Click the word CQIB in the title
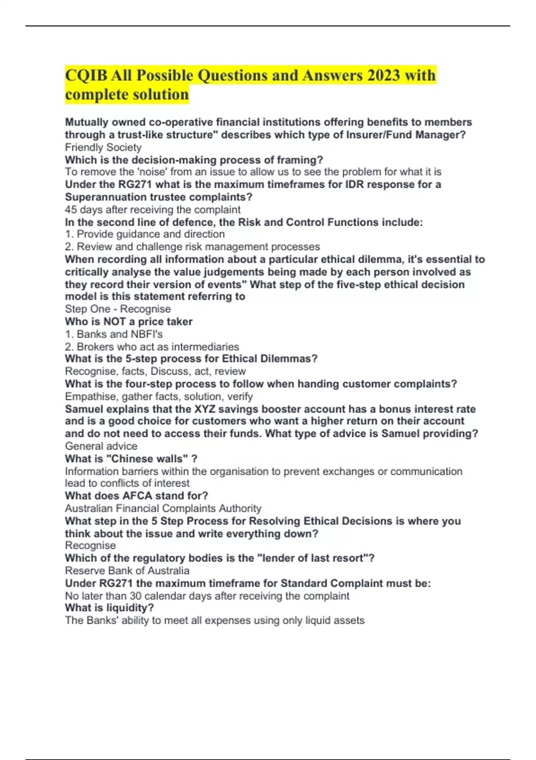pos(85,75)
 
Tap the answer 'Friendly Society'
pos(103,148)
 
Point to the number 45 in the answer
pos(71,210)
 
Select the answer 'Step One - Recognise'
pos(117,309)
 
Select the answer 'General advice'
pos(101,446)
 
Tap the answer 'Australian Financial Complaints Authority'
pos(163,508)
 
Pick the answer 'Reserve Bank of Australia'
pos(127,571)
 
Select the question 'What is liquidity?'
pos(109,608)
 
